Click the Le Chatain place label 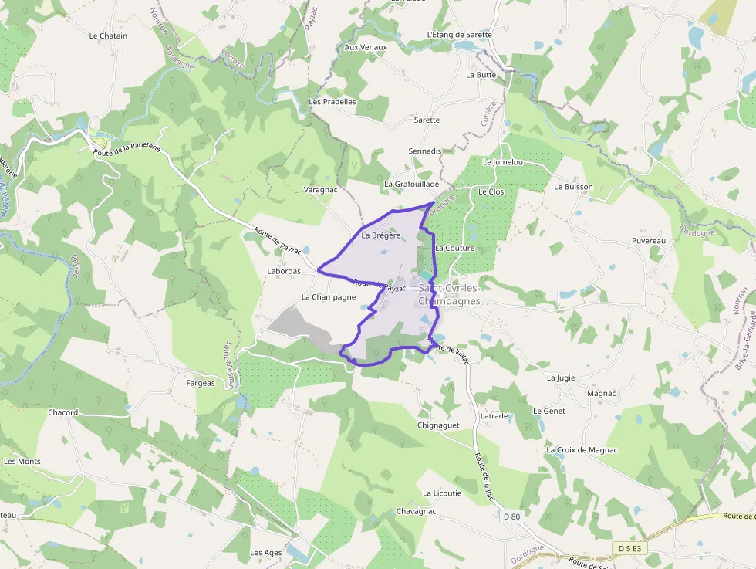(108, 36)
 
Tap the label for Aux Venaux (366, 47)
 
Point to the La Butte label (481, 75)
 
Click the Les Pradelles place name (332, 101)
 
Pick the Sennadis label (425, 151)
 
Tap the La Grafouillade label (411, 185)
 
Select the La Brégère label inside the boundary (381, 235)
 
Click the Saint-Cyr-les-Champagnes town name (449, 294)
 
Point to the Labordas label (284, 272)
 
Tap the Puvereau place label (648, 241)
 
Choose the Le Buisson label (573, 187)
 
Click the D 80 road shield (511, 516)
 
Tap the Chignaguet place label (438, 425)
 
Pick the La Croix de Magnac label (582, 449)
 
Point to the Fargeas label (201, 383)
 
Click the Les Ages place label (266, 553)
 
